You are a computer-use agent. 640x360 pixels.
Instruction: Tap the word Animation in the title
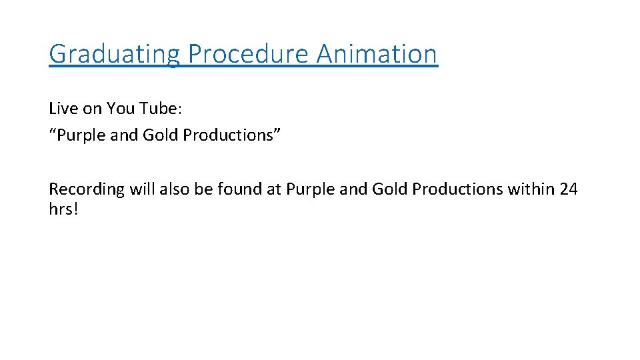[377, 54]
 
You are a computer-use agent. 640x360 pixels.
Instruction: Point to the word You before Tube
[121, 108]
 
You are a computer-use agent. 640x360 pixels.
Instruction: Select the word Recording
[87, 189]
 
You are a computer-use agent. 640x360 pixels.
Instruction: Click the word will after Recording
[143, 189]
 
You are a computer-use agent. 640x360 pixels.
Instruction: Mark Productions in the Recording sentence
[457, 189]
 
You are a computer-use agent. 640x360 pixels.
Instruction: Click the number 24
[569, 189]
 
